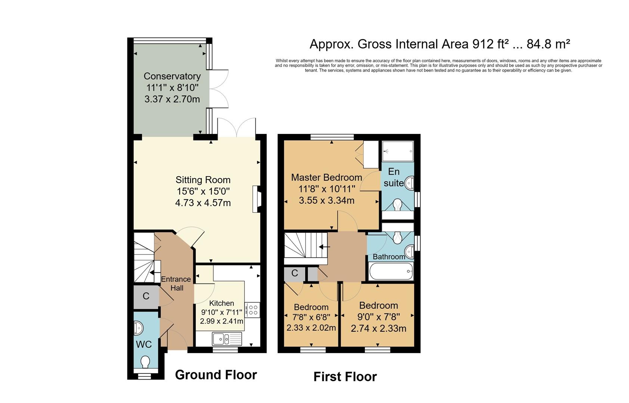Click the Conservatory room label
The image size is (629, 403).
click(x=172, y=76)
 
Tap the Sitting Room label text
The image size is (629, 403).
click(x=203, y=179)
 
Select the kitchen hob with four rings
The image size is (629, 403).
click(x=252, y=310)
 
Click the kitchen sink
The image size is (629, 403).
click(x=227, y=339)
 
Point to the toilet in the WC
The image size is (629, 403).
click(x=145, y=362)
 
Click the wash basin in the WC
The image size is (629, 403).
click(x=139, y=328)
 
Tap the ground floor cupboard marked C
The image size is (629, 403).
click(x=146, y=296)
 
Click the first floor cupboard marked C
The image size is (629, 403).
click(x=295, y=274)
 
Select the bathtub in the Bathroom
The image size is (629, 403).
click(x=391, y=272)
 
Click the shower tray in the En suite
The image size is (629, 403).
click(x=398, y=151)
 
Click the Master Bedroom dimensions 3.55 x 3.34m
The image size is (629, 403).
click(x=326, y=200)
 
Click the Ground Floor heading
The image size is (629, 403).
click(x=216, y=375)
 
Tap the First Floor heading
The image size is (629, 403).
click(x=345, y=377)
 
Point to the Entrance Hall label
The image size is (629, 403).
click(x=176, y=284)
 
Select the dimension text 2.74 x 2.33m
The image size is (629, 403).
click(x=378, y=328)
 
